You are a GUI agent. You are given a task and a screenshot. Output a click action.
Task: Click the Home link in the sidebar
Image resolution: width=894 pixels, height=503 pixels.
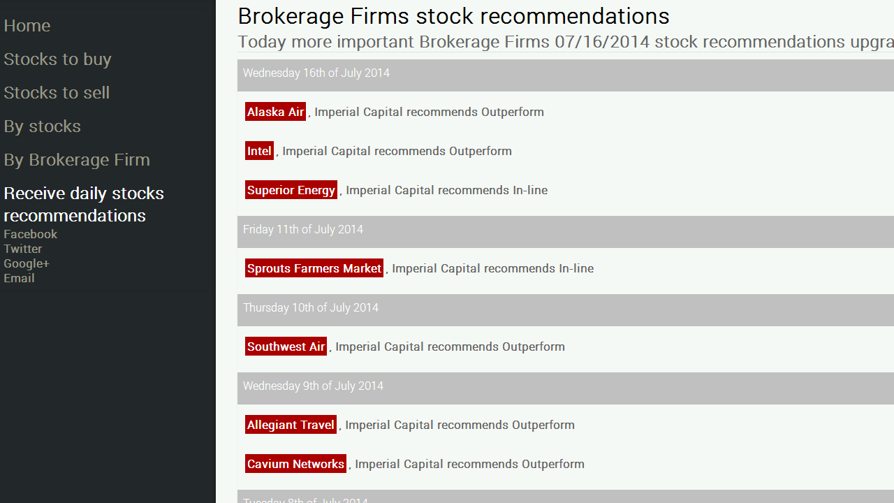pos(27,26)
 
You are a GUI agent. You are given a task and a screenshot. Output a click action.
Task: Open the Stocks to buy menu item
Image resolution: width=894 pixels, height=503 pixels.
pos(57,59)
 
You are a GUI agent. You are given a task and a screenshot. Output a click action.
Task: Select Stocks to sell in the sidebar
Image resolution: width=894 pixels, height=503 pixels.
pos(57,93)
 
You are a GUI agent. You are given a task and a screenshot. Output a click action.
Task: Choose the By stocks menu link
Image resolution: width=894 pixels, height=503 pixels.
pos(42,126)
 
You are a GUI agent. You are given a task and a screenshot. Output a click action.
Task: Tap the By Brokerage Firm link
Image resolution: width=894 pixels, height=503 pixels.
pos(77,160)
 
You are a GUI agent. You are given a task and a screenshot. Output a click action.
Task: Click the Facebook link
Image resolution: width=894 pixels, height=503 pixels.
pos(30,234)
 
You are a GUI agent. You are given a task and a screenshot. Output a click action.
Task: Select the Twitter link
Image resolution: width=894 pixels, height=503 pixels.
pos(23,249)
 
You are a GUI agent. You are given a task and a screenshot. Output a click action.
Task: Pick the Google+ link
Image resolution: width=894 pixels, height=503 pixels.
pos(27,263)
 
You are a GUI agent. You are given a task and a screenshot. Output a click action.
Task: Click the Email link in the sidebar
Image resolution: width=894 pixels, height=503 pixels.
pos(19,278)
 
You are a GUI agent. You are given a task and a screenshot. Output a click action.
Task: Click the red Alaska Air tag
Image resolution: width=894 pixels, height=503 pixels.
pos(275,112)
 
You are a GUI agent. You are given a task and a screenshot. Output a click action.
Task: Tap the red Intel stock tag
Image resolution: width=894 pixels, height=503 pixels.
pos(259,151)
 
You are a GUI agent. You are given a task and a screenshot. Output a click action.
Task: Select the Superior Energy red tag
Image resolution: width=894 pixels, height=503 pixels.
pos(291,190)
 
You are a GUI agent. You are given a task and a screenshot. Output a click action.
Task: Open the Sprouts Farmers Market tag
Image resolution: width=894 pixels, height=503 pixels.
pos(314,268)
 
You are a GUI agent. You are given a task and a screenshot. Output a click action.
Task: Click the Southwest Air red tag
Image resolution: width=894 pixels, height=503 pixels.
pos(286,347)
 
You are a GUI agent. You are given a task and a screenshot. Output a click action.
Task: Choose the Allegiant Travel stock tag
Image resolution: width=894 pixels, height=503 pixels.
pos(291,425)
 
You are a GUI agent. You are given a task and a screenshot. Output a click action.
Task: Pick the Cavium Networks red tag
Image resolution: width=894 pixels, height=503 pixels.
pos(295,464)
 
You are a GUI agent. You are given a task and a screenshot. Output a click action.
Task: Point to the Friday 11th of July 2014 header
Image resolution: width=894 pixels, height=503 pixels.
pos(303,230)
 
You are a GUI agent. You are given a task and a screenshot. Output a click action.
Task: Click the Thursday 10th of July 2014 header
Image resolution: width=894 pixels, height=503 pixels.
pos(311,308)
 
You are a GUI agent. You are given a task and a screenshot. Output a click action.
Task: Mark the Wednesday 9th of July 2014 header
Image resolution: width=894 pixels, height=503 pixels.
pos(313,386)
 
